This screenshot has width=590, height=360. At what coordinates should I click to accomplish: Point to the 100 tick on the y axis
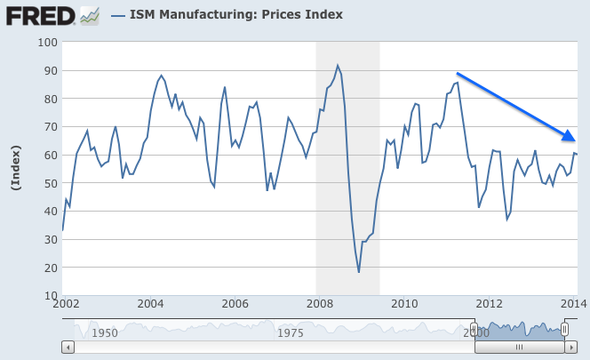(x=45, y=42)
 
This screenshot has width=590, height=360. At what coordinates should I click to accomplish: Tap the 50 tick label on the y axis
(x=49, y=183)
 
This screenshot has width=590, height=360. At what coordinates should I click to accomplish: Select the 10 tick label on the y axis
(x=49, y=296)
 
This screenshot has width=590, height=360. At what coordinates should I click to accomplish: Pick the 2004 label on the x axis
(x=151, y=303)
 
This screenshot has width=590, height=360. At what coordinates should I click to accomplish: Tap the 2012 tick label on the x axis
(x=490, y=303)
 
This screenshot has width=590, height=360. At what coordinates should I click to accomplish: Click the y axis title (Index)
(x=14, y=167)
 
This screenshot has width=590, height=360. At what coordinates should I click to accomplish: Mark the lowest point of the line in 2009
(x=359, y=272)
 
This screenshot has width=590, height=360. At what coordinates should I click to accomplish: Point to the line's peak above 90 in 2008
(x=338, y=65)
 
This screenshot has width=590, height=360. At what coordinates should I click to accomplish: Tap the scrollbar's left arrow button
(x=68, y=348)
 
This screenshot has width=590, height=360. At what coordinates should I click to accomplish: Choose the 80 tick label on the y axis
(x=49, y=99)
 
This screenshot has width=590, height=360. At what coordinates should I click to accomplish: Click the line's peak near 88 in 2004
(x=161, y=76)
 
